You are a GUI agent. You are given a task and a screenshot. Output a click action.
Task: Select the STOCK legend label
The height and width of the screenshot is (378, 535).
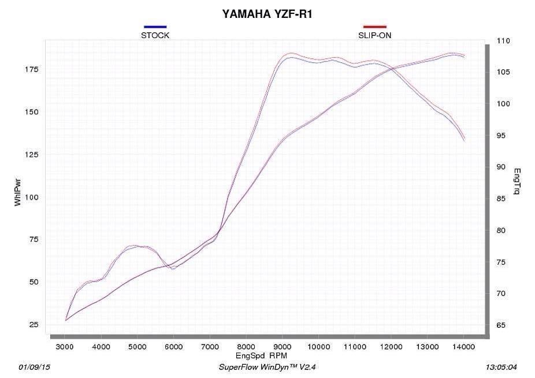coord(155,35)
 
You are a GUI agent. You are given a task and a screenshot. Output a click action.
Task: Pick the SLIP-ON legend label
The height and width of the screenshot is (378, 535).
coord(374,35)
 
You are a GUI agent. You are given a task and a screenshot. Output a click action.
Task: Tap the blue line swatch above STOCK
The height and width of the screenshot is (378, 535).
coord(155,27)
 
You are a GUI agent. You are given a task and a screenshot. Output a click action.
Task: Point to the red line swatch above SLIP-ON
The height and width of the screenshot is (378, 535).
coord(374,27)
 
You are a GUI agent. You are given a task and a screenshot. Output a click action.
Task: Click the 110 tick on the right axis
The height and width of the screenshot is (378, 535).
coord(503,41)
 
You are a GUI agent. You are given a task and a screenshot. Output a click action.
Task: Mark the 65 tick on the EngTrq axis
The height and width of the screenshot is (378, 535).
coord(500,325)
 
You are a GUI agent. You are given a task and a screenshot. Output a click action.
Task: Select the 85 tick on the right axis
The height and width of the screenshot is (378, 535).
coord(500,199)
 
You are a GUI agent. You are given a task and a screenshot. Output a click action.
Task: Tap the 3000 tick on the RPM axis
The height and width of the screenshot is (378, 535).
coord(65,346)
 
